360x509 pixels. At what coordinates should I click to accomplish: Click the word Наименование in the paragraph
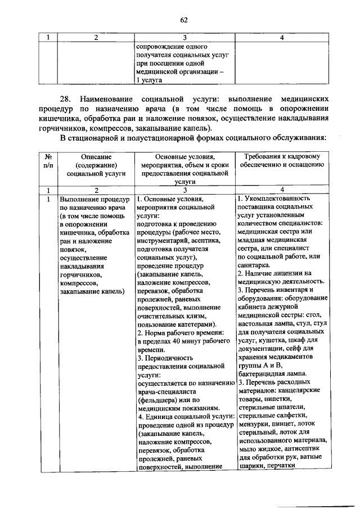[x=109, y=98]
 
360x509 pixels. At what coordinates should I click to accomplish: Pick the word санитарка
[x=254, y=265]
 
